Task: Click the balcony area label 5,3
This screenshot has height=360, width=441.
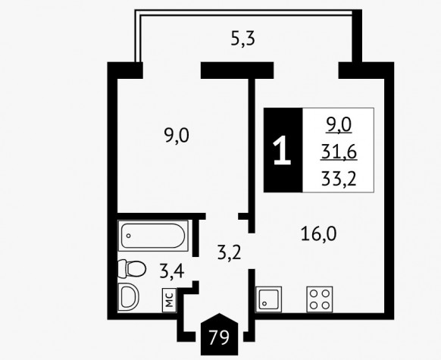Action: click(243, 39)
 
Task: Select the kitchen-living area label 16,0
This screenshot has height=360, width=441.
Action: click(318, 234)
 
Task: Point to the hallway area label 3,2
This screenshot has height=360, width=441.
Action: click(230, 252)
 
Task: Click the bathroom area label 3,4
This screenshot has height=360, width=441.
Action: click(172, 271)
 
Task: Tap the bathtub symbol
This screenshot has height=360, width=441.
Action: click(153, 236)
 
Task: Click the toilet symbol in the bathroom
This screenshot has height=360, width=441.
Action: click(132, 268)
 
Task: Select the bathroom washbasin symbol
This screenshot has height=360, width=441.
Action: click(129, 297)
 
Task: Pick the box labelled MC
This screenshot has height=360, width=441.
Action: click(169, 300)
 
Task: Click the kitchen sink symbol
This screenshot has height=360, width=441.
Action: click(268, 299)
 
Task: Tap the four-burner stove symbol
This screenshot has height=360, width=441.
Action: click(320, 299)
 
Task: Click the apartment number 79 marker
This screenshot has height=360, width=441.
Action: click(220, 334)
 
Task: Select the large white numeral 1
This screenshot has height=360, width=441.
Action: click(282, 150)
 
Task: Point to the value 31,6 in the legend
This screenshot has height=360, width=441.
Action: click(339, 152)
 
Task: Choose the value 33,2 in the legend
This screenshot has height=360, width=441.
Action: click(339, 179)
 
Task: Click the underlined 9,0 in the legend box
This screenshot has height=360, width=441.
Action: click(339, 125)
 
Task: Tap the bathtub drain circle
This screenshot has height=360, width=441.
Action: click(129, 236)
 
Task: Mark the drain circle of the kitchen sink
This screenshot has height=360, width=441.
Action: click(264, 303)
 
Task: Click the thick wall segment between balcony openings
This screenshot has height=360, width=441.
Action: click(237, 70)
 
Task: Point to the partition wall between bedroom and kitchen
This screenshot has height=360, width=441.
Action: click(252, 156)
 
